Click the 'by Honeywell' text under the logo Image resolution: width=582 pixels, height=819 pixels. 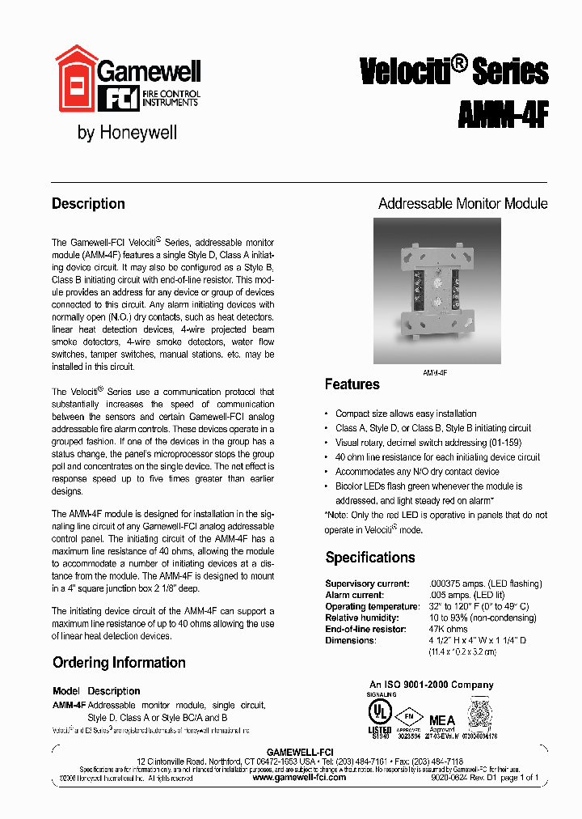coord(127,133)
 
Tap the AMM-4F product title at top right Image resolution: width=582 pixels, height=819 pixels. coord(503,114)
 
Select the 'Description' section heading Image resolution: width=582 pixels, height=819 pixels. coord(88,204)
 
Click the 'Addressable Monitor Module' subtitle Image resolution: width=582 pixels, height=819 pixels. coord(462,204)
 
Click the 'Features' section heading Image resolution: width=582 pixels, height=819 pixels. coord(352,384)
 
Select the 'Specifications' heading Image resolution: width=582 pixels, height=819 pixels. coord(369,558)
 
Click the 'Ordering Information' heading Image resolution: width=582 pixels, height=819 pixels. coord(119,663)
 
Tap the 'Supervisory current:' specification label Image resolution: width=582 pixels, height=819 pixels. coord(367,583)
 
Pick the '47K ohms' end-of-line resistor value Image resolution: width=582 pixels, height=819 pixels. coord(449,629)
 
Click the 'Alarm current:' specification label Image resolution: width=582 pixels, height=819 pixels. coord(355,595)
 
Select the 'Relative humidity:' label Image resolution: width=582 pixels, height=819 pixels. coord(361,617)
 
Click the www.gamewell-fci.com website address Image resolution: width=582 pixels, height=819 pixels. coord(299,777)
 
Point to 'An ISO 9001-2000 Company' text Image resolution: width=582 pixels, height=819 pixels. coord(431,685)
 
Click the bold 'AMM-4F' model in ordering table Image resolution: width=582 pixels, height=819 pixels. coord(69,705)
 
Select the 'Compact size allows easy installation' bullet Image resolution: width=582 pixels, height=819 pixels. coord(406,414)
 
